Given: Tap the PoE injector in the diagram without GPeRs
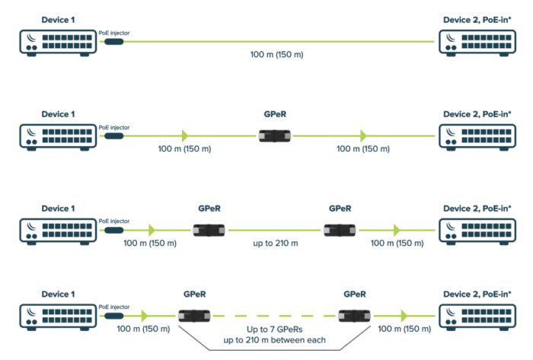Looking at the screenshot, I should (114, 41).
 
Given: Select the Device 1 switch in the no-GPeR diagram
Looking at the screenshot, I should (57, 43).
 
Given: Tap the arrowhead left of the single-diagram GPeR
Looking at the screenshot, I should (184, 135).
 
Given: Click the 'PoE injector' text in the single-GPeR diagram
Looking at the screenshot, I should (114, 127).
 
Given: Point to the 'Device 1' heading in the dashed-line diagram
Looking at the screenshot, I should (57, 293).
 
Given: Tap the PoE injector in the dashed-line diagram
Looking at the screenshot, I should (114, 315).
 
